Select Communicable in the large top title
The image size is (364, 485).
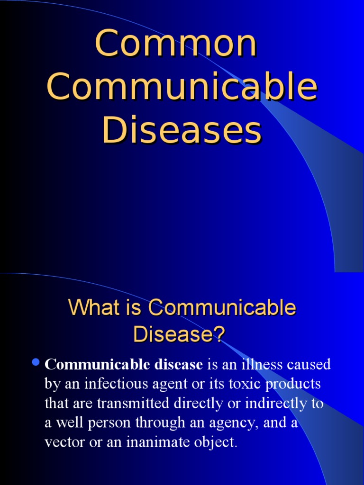(x=182, y=87)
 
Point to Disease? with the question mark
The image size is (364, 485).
(x=178, y=334)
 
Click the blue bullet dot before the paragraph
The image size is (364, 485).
(x=35, y=363)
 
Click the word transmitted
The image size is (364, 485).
(x=137, y=404)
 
